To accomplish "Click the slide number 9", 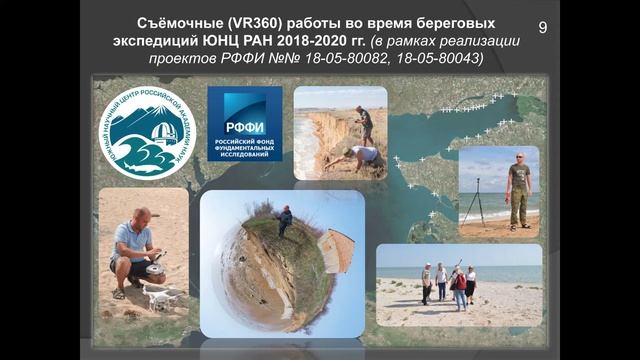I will [x=543, y=27].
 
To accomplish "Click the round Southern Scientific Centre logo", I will [x=147, y=131].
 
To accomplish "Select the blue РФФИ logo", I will [x=244, y=123].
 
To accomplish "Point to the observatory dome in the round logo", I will [x=160, y=129].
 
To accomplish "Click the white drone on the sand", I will [x=162, y=296].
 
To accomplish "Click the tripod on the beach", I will [x=474, y=200].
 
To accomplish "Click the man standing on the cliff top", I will [x=365, y=123].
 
